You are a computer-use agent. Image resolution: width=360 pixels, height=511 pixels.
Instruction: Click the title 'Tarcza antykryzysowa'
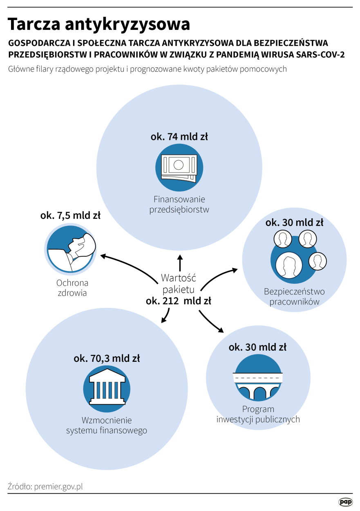99,25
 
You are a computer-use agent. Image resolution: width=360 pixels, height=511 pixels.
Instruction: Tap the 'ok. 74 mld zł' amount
179,137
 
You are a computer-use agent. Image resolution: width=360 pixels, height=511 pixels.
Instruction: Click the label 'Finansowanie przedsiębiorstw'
179,205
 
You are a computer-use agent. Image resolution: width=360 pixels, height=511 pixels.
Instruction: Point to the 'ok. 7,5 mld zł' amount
70,215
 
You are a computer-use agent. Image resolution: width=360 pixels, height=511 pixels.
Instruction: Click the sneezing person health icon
71,249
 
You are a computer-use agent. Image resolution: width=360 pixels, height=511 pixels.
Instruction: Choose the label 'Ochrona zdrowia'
72,288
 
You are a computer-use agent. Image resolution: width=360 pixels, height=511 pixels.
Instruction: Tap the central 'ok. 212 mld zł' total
179,301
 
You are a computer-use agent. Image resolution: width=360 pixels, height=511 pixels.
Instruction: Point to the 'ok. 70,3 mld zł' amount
107,359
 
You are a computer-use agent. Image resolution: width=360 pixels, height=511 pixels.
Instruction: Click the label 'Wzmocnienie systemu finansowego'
107,425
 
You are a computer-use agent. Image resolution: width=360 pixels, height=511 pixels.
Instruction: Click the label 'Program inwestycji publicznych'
258,414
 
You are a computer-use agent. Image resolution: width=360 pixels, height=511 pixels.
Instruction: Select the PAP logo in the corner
345,501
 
